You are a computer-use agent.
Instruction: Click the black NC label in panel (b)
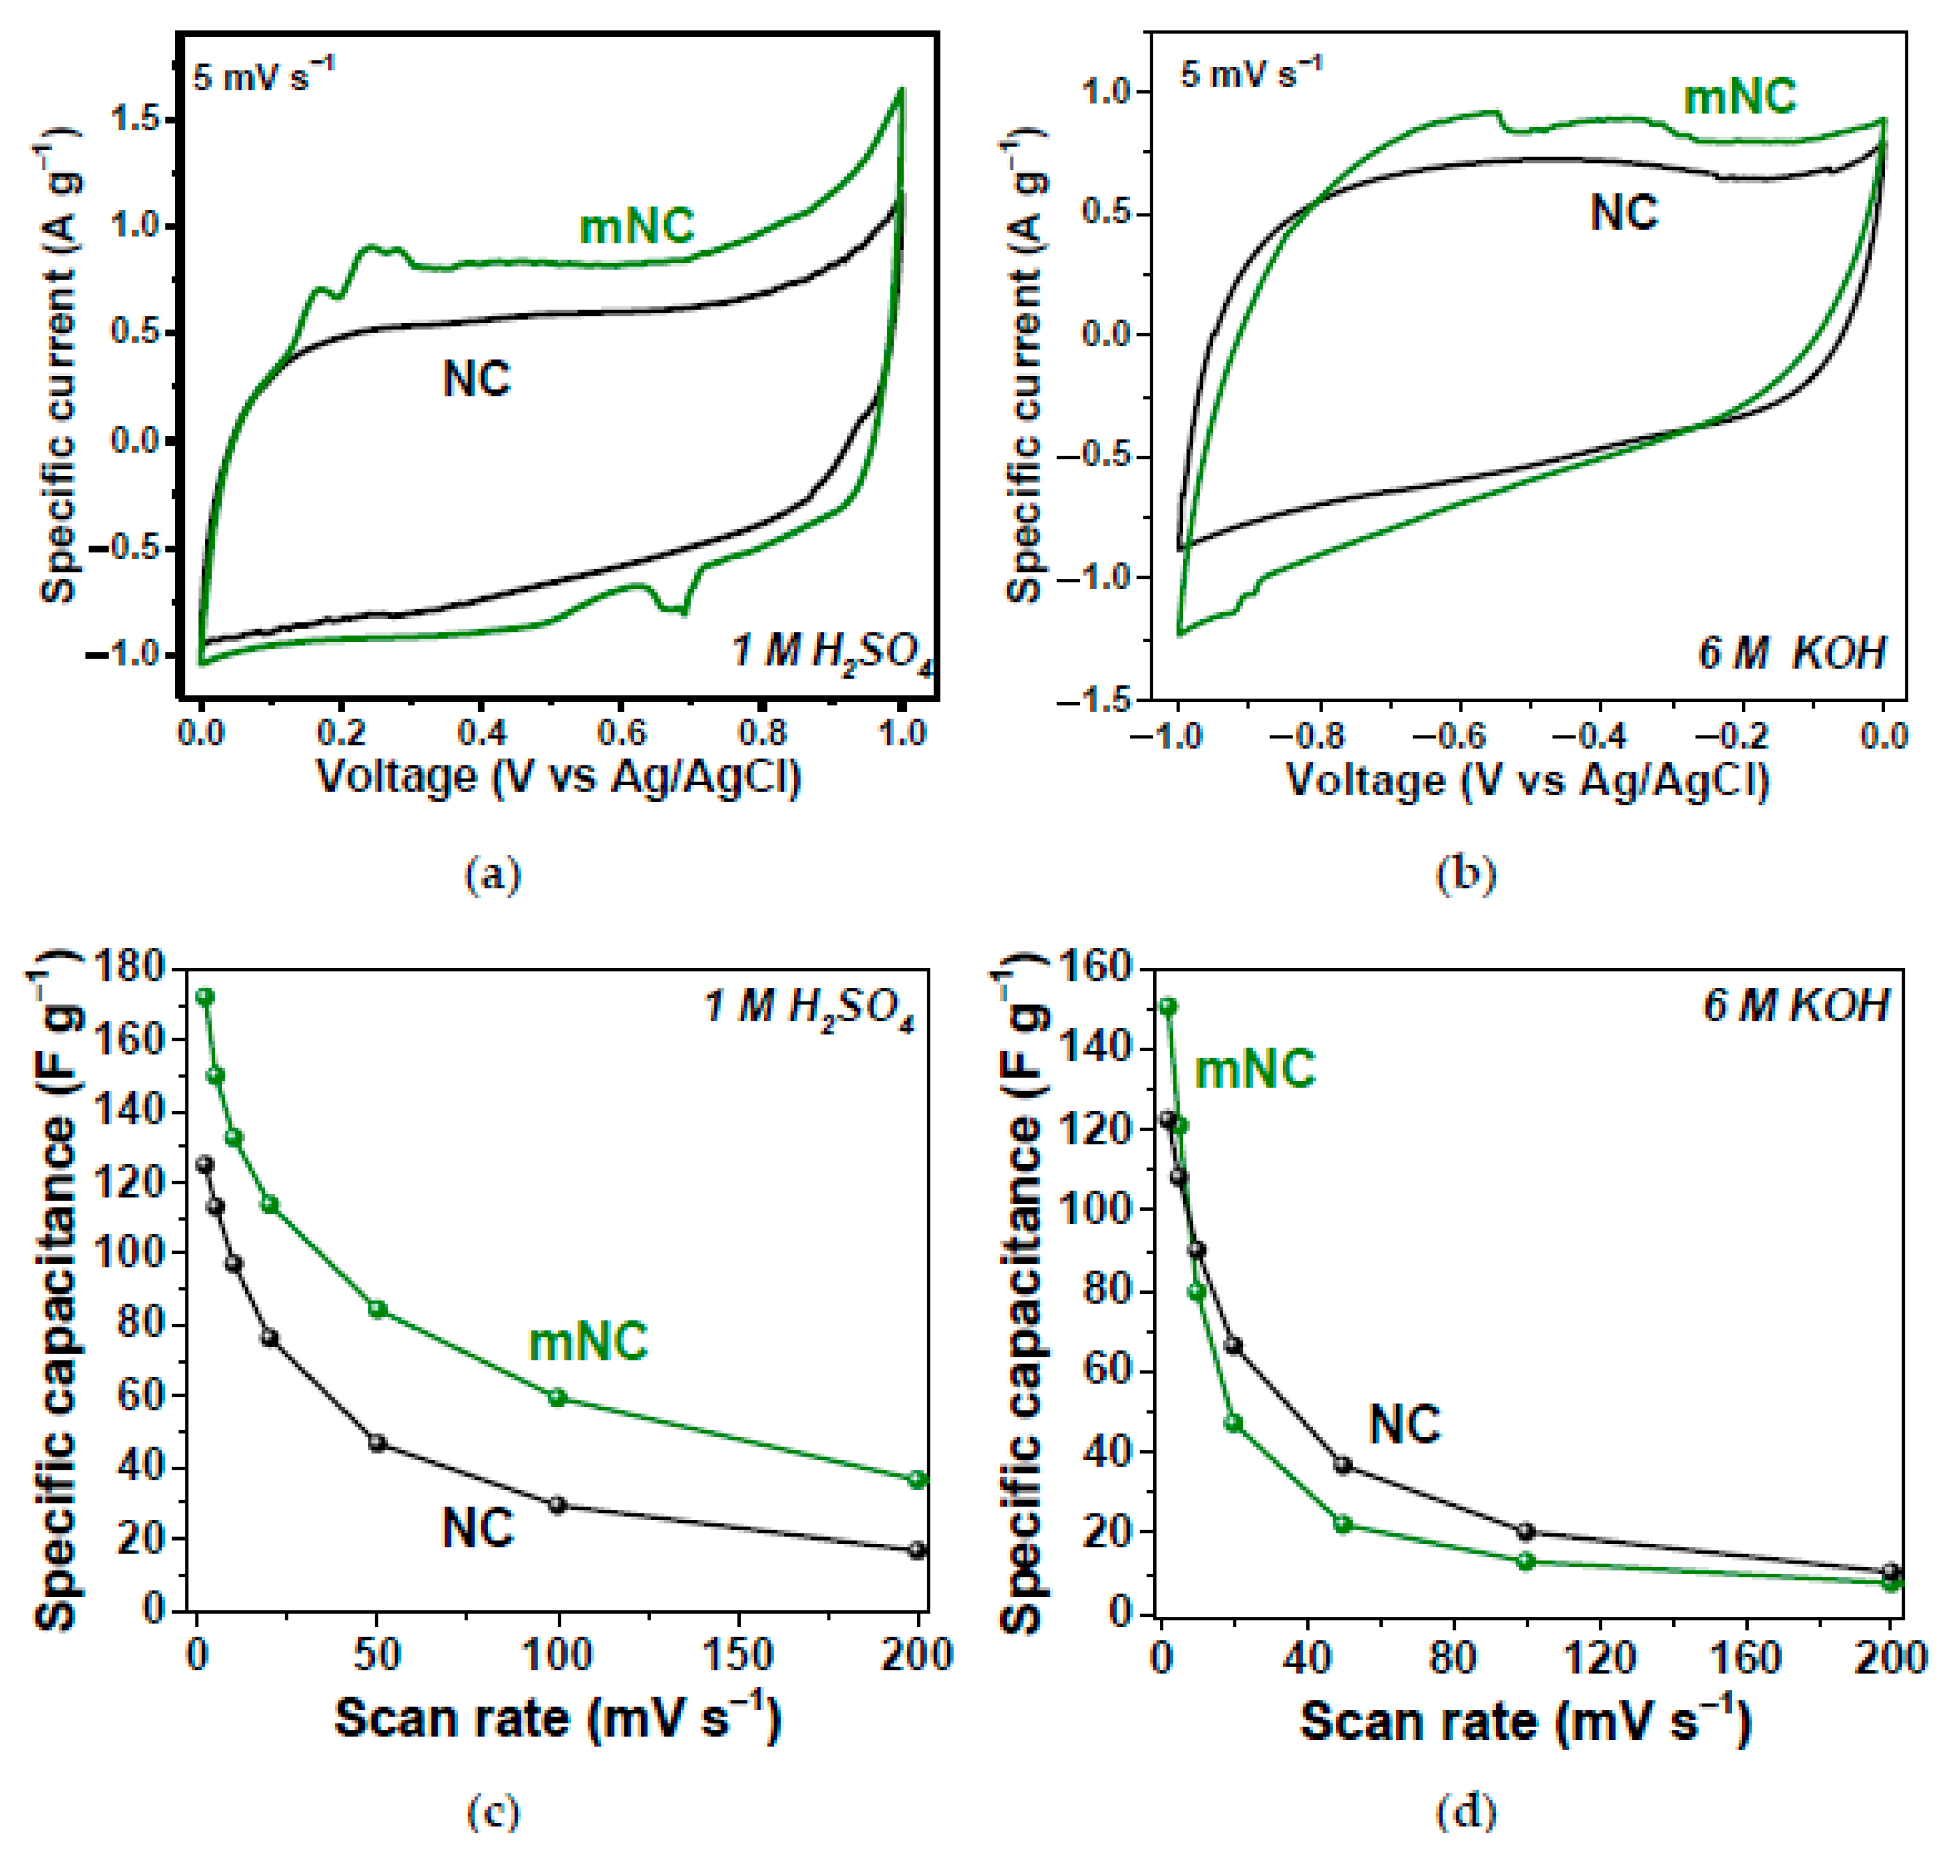1624,213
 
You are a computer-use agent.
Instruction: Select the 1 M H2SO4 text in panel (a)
831,654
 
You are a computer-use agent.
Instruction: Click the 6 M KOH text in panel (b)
1791,654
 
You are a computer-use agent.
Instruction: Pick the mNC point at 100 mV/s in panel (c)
557,1397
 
